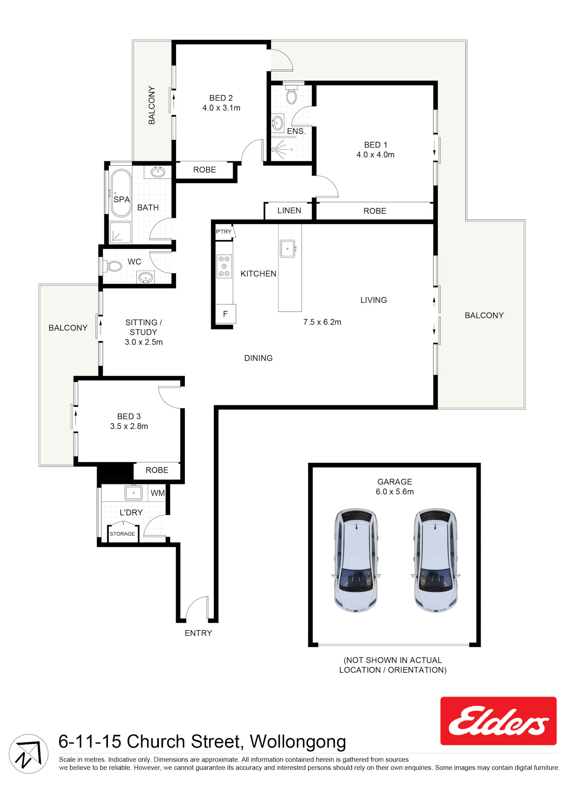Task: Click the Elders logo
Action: (498, 721)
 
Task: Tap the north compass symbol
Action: (29, 754)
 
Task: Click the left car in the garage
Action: (356, 560)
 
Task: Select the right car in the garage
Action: (435, 560)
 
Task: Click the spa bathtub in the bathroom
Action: (121, 193)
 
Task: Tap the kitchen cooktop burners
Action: (224, 266)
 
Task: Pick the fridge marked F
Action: (225, 314)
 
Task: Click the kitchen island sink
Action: (288, 248)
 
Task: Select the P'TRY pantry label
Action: (223, 231)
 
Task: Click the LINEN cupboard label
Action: (289, 210)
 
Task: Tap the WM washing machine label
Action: (158, 493)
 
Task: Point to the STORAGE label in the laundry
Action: (122, 534)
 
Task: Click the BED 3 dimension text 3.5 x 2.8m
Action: (129, 426)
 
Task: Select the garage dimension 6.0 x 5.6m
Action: (395, 492)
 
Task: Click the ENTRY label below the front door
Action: (198, 633)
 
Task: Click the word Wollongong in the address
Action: (298, 742)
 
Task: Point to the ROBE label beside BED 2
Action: (204, 170)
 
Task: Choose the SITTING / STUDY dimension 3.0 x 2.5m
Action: (143, 342)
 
